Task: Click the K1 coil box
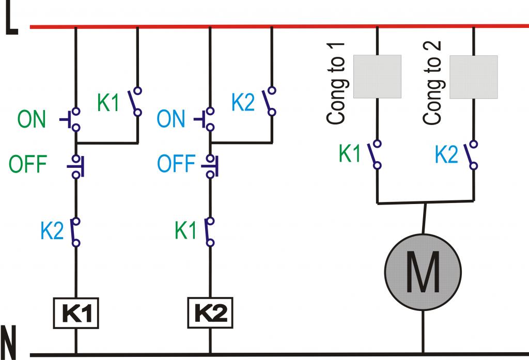coord(76,313)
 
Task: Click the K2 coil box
coord(210,313)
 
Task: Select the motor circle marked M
coord(423,272)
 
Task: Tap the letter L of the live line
coord(11,20)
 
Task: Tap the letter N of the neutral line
coord(9,342)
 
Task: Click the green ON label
coord(32,119)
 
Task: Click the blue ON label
coord(170,119)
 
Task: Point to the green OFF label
coord(28,164)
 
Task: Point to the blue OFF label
coord(176,164)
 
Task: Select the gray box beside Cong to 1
coord(377,76)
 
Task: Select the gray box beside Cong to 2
coord(474,77)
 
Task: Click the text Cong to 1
coord(336,84)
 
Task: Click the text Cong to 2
coord(432,83)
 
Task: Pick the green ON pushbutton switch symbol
coord(70,119)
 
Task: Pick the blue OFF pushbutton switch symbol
coord(210,166)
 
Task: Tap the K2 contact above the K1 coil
coord(75,232)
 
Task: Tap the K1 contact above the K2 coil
coord(209,232)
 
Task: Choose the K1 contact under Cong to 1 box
coord(375,154)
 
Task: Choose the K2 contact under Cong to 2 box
coord(471,155)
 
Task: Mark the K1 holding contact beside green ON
coord(134,102)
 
